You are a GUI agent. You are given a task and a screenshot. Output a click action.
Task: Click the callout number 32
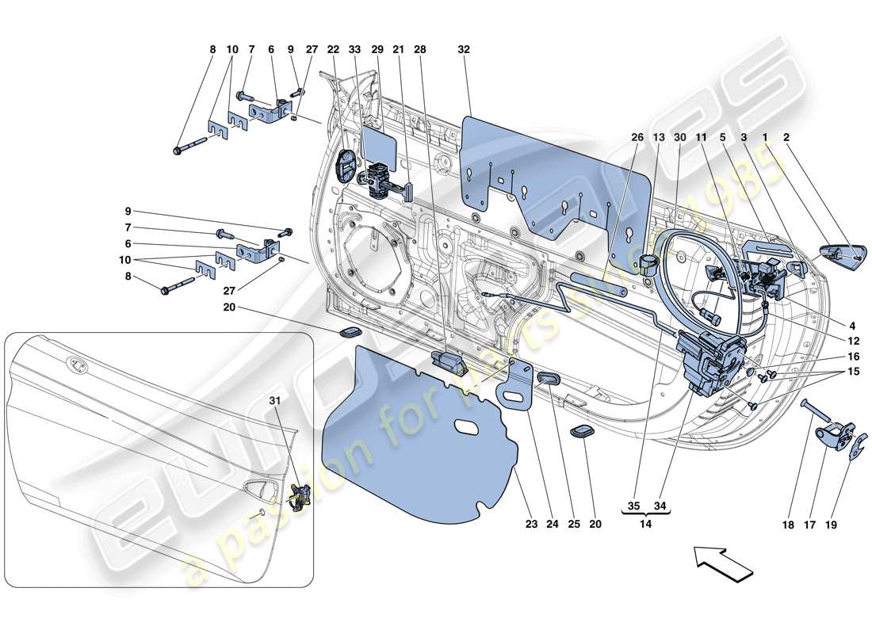[464, 49]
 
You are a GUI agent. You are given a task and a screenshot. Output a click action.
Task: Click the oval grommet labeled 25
[547, 383]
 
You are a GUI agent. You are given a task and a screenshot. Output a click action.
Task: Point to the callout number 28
[419, 49]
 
